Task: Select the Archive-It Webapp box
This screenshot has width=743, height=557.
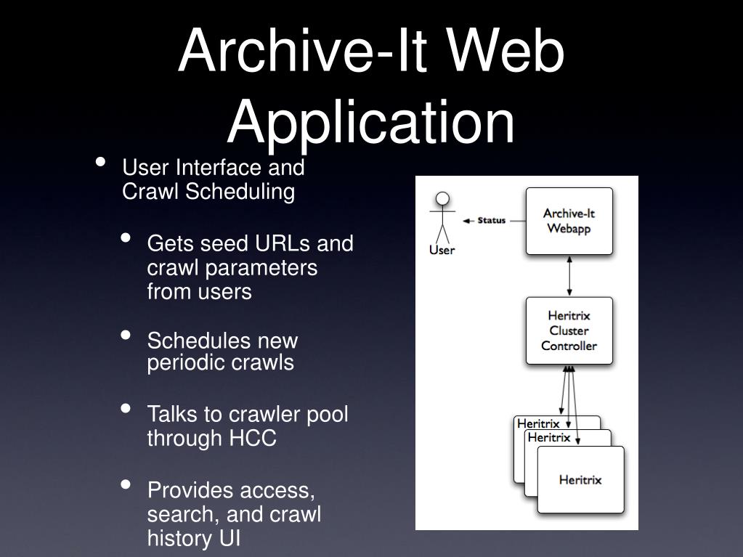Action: [569, 221]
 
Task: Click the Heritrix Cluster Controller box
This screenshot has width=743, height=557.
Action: [569, 330]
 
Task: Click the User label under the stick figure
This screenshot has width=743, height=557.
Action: [442, 251]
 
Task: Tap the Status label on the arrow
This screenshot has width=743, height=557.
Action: [492, 220]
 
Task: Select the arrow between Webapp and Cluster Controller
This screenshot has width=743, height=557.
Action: [569, 276]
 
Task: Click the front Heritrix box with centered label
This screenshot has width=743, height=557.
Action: [580, 479]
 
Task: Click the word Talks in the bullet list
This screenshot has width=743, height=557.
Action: [172, 415]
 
